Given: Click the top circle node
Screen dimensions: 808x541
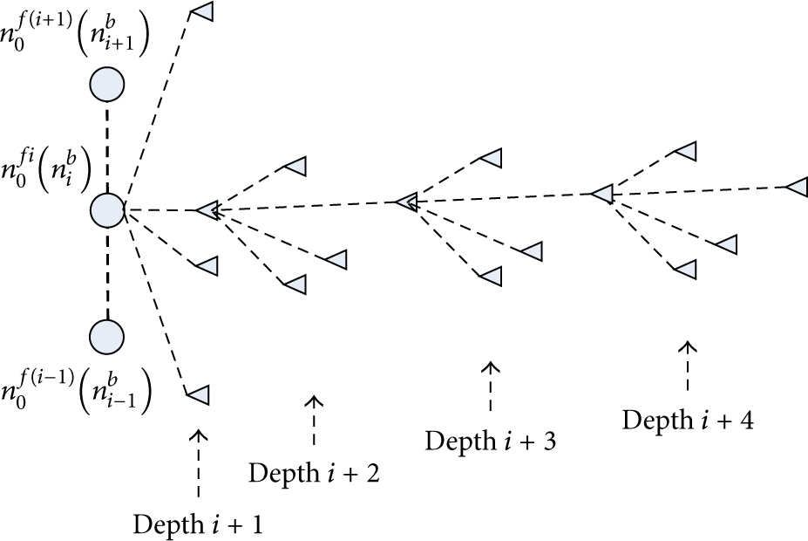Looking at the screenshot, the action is coord(107,85).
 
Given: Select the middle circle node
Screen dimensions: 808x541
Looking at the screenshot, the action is coord(107,210).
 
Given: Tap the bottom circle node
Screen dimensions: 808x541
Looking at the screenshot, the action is coord(106,337).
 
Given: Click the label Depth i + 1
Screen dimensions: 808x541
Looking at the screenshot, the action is coord(198,524).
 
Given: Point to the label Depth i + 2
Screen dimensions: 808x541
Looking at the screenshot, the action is coord(314,473).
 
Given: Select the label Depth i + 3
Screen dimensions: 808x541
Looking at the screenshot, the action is coord(491,441).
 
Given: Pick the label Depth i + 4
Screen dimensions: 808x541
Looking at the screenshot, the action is coord(688,420).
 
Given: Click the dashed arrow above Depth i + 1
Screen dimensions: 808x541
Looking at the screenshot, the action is coord(199,463).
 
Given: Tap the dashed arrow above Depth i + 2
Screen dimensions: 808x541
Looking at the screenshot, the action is coord(314,420).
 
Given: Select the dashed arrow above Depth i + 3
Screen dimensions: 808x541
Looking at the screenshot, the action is coord(491,387).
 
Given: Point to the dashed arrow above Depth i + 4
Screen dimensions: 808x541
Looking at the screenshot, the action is coord(688,366).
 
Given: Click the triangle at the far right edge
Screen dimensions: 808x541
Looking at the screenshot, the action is coord(797,187).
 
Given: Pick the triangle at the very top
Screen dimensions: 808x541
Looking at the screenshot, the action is coord(201,11).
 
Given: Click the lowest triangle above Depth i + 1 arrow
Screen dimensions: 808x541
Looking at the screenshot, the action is coord(198,395).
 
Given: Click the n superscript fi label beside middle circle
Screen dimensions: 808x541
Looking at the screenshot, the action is coord(46,170).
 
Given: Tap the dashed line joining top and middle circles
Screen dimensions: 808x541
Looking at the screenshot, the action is coord(107,147).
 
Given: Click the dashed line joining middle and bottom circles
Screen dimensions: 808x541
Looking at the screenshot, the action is coord(107,274).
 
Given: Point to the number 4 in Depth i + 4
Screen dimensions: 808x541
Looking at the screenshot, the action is coord(745,421).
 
